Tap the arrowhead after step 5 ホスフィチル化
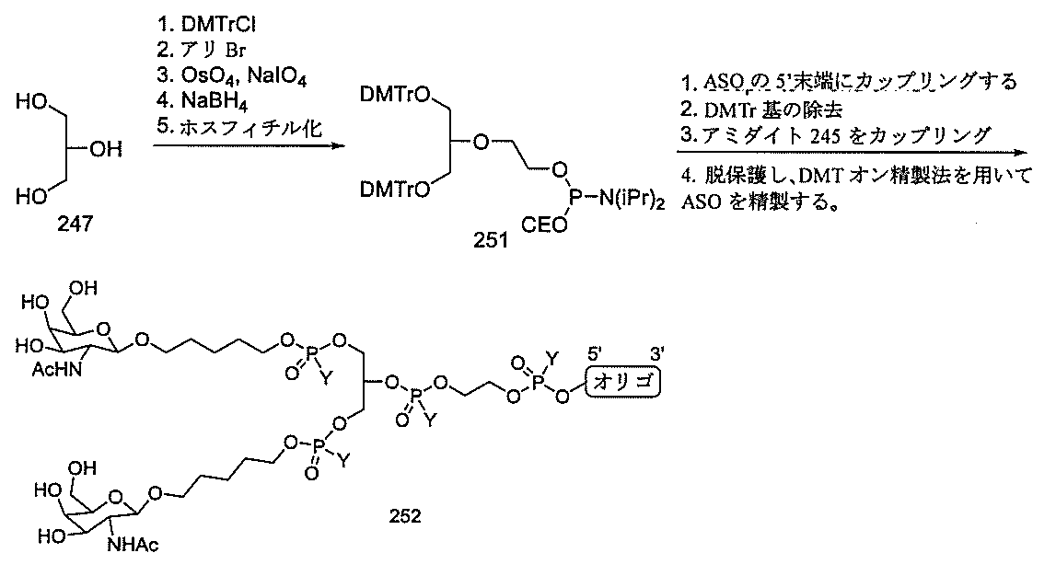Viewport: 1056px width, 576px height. (x=326, y=144)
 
